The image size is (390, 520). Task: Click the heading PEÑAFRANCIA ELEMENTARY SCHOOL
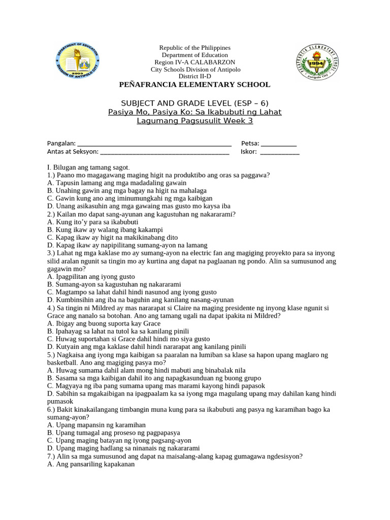194,84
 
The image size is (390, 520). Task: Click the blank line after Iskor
279,152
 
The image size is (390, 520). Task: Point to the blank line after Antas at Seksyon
165,152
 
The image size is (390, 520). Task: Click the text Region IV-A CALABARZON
195,62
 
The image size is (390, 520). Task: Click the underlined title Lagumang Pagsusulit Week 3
194,121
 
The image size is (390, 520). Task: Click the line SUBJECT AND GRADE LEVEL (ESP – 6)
194,103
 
